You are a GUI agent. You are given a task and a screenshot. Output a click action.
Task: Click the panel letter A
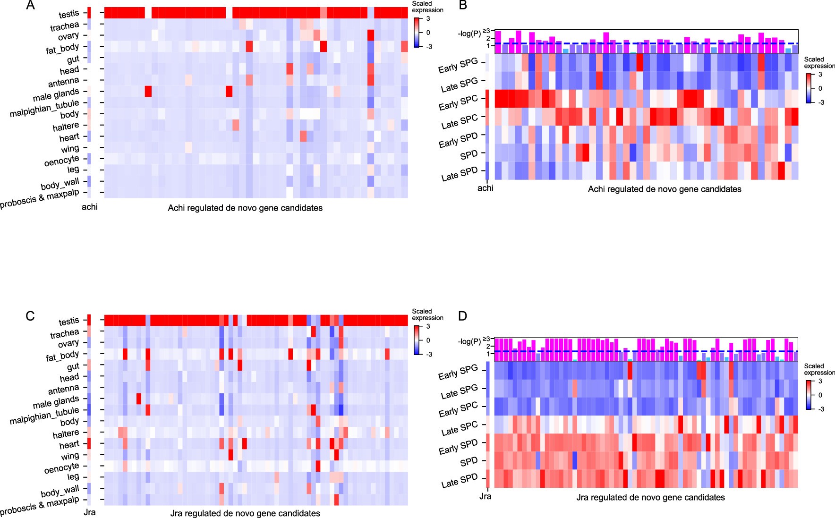pos(30,6)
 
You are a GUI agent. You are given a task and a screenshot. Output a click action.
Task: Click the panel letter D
pos(463,316)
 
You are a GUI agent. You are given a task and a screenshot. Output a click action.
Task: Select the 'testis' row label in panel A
pos(69,14)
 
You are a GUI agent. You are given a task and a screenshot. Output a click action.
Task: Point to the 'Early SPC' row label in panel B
pos(458,102)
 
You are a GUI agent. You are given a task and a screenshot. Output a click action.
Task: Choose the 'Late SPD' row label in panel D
pos(460,481)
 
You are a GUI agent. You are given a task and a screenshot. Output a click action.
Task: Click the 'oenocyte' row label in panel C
pos(62,468)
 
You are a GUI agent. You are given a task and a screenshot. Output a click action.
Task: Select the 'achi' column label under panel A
pos(90,207)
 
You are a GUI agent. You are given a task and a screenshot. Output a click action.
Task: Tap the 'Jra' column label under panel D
pos(485,496)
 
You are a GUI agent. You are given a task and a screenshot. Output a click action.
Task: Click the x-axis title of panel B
pos(664,189)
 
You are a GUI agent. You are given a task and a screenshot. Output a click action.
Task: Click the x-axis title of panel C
pos(245,513)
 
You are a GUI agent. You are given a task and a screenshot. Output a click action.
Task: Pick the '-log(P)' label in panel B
pos(469,34)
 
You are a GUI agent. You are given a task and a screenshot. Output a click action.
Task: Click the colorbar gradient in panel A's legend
pos(417,33)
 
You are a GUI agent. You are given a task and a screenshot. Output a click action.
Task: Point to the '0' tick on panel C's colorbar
pos(428,340)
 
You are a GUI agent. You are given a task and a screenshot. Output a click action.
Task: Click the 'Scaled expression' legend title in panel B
pos(819,62)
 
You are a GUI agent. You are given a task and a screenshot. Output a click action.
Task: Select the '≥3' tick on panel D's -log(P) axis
pos(486,338)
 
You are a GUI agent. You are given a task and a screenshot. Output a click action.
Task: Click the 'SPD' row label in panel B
pos(469,155)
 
